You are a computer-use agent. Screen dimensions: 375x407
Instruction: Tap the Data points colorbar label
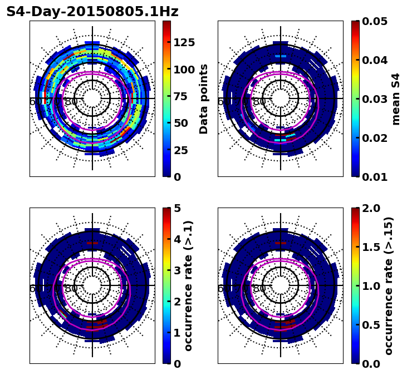(204, 98)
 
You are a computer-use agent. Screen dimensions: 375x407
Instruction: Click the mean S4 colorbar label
(396, 98)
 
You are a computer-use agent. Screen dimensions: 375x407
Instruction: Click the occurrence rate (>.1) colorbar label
(188, 285)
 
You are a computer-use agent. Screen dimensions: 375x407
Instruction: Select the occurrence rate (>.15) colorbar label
(389, 285)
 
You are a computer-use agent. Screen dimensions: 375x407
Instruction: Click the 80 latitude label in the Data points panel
(71, 102)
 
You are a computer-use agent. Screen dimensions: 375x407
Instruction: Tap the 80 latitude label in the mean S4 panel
(259, 102)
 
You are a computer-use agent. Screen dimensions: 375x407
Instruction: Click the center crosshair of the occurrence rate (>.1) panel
(92, 285)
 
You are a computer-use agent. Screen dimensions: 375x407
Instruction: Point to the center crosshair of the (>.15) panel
(281, 285)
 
